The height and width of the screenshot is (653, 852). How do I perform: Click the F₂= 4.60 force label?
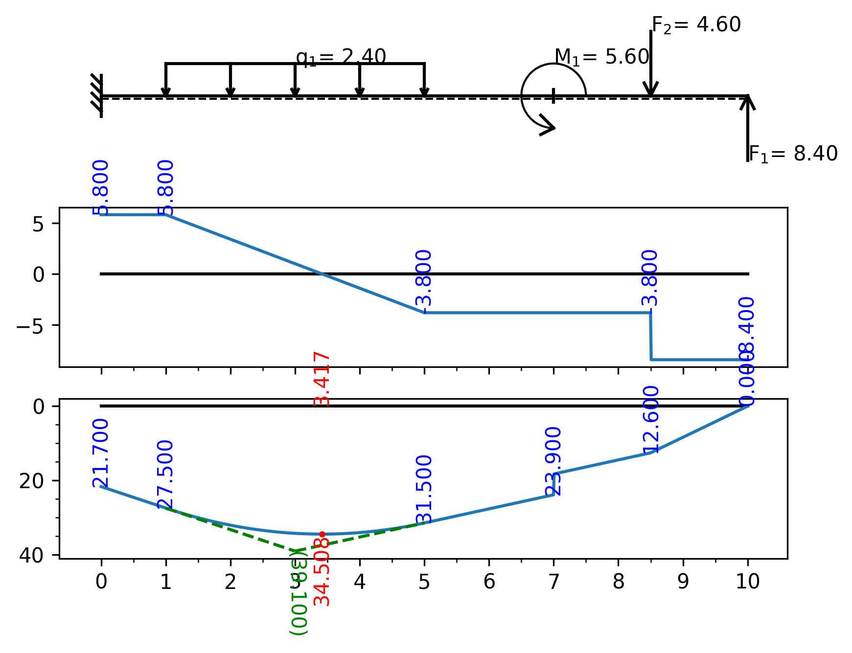point(696,25)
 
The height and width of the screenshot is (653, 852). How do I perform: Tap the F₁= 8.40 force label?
point(793,154)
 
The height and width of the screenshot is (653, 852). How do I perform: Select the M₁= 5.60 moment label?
point(601,57)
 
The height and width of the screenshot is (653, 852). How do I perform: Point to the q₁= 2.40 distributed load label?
point(341,57)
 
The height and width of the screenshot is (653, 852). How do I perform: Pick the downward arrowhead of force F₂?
point(650,90)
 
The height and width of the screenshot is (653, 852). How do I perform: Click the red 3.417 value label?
point(322,379)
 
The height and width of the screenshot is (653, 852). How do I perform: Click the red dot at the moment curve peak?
point(322,534)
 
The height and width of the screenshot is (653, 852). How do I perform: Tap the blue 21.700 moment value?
point(100,453)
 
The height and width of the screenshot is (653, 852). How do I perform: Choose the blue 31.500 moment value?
point(424,489)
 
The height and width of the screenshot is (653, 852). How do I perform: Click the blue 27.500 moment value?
point(165,474)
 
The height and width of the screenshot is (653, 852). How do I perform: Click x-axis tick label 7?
point(553,582)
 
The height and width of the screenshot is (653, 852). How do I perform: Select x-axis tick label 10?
point(747,582)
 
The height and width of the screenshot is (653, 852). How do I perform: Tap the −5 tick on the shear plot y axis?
point(31,325)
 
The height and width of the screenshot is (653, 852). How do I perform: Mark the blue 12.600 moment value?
point(651,420)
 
